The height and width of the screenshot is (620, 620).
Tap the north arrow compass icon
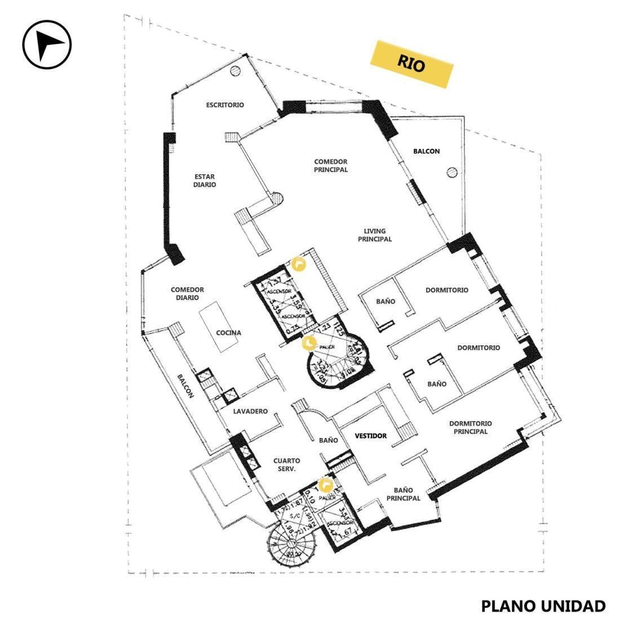coord(47,44)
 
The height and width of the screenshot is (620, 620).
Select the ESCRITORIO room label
coord(225,105)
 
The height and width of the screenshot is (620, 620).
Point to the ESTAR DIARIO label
coord(205,180)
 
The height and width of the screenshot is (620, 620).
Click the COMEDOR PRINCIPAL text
coord(331,166)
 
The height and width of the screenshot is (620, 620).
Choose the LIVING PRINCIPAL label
coord(375,235)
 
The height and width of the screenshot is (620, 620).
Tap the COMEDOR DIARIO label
coord(187,294)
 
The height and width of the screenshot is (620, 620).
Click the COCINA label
coord(228,333)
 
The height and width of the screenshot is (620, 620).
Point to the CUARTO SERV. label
coord(285,464)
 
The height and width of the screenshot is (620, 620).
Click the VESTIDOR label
coord(371,436)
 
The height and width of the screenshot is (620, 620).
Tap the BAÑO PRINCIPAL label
coord(404,494)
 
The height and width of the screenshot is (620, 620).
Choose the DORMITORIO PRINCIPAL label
coord(471,427)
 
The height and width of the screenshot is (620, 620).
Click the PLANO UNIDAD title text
coord(543,606)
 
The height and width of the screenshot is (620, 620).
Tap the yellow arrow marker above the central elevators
coord(298,264)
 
